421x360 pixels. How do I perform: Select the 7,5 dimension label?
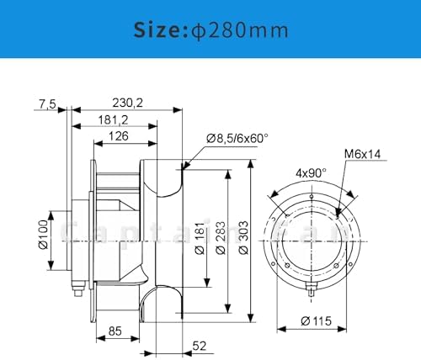click(46, 103)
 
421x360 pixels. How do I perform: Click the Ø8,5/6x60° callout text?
click(237, 139)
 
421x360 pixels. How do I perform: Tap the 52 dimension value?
click(200, 345)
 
